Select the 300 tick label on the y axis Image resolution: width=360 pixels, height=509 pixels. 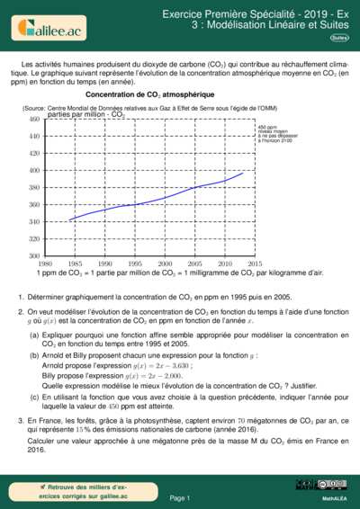click(33, 256)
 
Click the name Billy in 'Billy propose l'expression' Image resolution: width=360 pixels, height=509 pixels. click(51, 375)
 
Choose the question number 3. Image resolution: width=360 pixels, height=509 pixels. click(21, 421)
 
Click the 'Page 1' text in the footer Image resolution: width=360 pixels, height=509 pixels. click(179, 497)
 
